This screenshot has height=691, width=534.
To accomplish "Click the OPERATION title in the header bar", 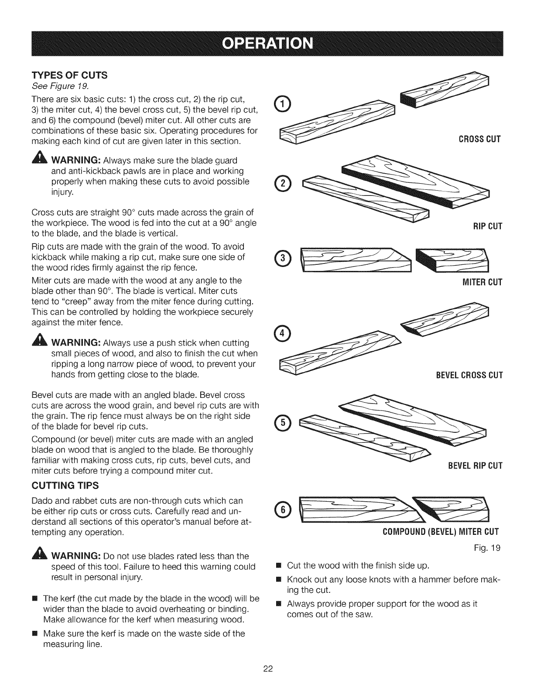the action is click(267, 44).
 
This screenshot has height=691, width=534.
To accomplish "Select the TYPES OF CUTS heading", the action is click(70, 75).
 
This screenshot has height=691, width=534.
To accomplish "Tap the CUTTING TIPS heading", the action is click(65, 486).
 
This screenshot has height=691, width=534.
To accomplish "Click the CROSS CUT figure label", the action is click(479, 139).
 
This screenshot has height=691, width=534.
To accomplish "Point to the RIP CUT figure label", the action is click(488, 226).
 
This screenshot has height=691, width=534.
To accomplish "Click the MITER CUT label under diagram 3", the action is click(482, 282).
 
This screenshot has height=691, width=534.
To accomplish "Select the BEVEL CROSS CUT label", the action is click(469, 375).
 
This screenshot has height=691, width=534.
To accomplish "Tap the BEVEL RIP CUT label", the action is click(475, 466).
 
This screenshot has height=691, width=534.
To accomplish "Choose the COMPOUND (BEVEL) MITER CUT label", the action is click(441, 532).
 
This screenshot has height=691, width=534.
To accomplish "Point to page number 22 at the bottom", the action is click(268, 668).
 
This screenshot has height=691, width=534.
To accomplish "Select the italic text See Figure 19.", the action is click(60, 86).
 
